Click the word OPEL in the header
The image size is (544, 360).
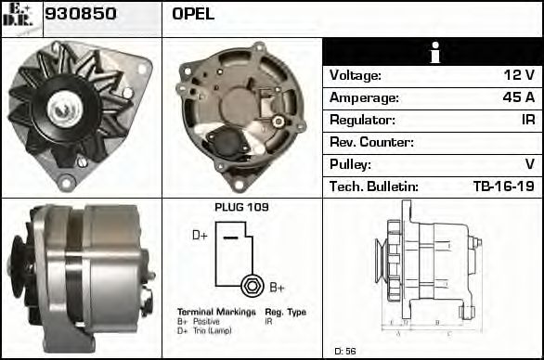193,15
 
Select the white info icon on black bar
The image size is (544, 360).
433,52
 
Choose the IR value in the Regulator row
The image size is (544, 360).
527,120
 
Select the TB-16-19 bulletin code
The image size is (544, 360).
503,186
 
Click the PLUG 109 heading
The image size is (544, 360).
241,207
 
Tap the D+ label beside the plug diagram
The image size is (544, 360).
200,236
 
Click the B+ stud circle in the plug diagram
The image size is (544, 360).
249,285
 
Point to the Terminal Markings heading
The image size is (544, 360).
215,312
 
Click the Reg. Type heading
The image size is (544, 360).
285,312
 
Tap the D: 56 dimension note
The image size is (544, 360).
344,351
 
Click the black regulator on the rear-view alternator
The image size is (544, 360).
225,142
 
